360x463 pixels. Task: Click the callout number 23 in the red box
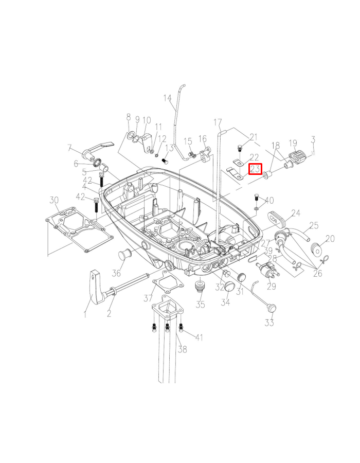click(256, 169)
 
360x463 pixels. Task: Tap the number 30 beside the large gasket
click(54, 200)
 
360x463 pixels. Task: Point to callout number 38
click(182, 349)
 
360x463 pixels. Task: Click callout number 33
click(269, 323)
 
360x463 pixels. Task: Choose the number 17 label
click(218, 122)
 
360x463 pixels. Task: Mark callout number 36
click(117, 273)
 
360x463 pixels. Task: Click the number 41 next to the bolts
click(199, 337)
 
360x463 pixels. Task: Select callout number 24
click(296, 212)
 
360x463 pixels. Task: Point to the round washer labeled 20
click(315, 251)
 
